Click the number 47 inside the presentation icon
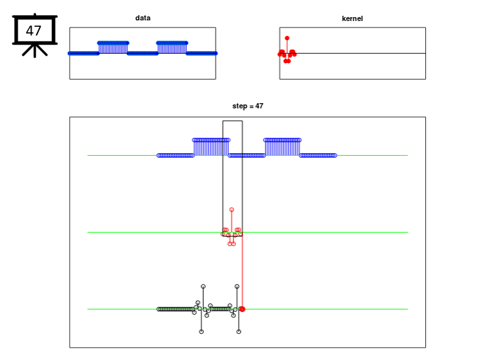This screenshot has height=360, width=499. click(34, 30)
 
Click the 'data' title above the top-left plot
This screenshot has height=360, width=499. click(143, 18)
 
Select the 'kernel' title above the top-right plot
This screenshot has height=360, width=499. click(352, 18)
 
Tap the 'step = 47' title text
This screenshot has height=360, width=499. click(248, 106)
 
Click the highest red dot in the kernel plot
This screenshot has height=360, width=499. click(287, 38)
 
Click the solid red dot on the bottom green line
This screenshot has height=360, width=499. click(242, 309)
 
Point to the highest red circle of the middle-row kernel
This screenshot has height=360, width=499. click(231, 210)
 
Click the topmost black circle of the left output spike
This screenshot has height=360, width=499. click(203, 286)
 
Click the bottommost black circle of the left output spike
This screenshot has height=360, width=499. click(201, 332)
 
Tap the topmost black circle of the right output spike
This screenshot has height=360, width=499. click(237, 286)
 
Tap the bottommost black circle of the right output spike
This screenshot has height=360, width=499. click(239, 332)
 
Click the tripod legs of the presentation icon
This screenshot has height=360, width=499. click(34, 51)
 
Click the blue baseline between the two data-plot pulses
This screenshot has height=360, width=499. click(142, 53)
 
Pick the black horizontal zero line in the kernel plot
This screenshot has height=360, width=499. click(368, 53)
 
